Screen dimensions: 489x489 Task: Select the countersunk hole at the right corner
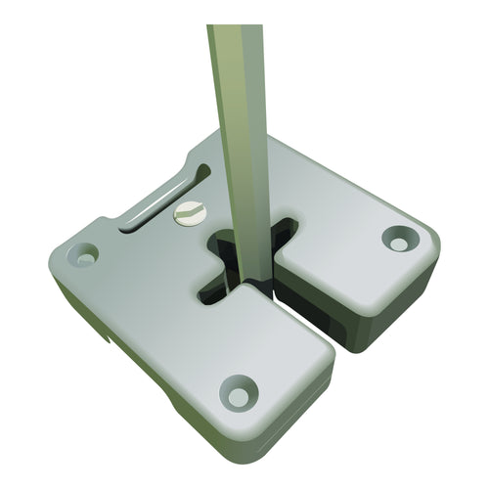tap(399, 238)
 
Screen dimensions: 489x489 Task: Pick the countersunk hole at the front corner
tap(237, 394)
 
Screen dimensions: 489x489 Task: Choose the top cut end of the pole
tap(235, 27)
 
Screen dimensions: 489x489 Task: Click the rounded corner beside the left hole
tap(61, 257)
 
